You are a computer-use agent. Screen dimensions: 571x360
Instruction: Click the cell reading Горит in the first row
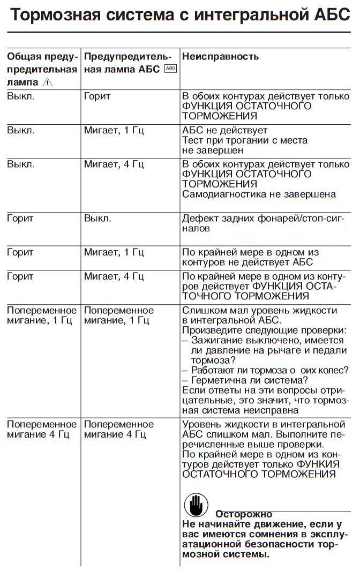tap(97, 96)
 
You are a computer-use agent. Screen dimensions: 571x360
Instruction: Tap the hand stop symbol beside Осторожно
tap(196, 505)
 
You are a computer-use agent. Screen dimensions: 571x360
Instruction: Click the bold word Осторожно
tap(244, 514)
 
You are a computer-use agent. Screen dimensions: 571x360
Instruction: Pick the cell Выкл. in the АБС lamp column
tap(97, 219)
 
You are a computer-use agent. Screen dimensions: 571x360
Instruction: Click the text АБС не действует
tap(224, 130)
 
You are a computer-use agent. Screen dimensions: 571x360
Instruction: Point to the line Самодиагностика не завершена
tap(259, 194)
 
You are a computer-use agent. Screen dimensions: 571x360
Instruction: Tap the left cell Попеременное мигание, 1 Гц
tap(42, 315)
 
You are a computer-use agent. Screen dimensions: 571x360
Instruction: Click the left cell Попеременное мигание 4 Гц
tap(42, 429)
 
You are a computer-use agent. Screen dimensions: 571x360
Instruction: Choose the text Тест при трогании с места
tap(245, 140)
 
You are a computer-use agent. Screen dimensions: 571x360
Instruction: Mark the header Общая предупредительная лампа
tap(42, 69)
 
